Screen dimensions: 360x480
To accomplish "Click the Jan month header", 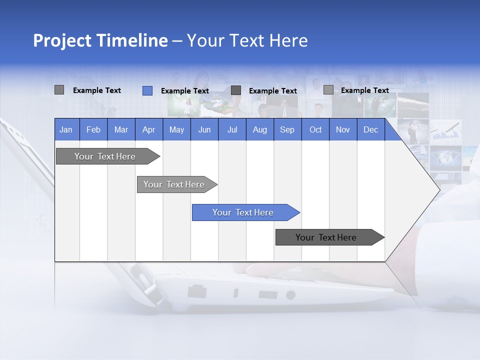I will pos(66,129).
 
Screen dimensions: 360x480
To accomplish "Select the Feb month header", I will pos(93,129).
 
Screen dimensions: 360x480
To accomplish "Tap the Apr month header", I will pos(148,129).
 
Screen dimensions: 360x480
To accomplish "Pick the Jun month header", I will pos(204,129).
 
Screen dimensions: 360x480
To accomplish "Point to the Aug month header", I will pos(259,129).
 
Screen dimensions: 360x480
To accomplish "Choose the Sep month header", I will pos(287,129).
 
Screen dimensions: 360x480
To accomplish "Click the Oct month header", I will pos(315,129).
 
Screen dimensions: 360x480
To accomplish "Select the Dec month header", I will pos(370,129).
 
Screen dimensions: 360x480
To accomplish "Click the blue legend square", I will pos(147,90).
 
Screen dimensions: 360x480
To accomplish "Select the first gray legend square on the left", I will pos(59,90).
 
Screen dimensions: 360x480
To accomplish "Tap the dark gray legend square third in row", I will pos(236,90).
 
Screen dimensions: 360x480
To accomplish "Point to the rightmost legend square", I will pos(328,90).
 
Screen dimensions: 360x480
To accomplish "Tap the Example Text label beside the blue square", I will pos(184,91).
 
